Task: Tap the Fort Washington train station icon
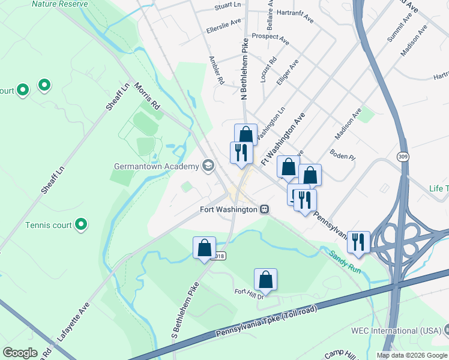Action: pos(264,209)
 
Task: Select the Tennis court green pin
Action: pos(82,226)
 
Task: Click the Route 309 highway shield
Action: pos(402,156)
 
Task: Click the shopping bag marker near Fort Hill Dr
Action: pos(265,280)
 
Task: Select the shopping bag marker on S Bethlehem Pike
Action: pos(204,248)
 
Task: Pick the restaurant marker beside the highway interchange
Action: pos(358,242)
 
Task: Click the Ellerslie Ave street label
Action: pos(223,28)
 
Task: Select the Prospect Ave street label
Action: pos(271,40)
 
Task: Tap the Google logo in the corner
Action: pos(20,353)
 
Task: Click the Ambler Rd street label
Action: pos(215,70)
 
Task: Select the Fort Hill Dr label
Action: pos(249,292)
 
